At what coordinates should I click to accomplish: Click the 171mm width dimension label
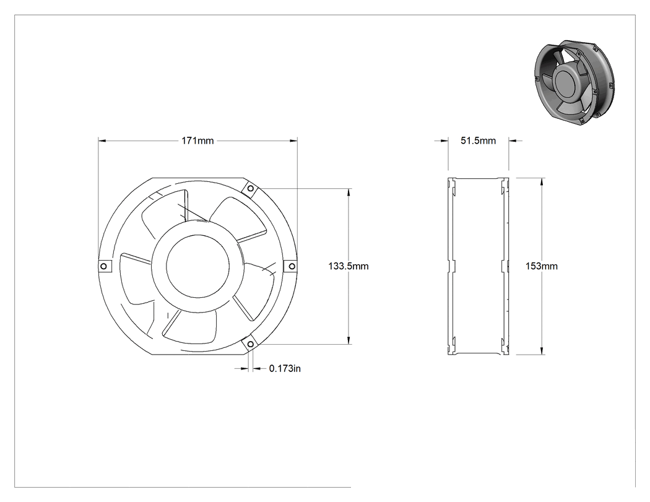(x=197, y=141)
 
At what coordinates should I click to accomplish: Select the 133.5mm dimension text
(x=348, y=266)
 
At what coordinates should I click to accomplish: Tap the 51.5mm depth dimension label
(x=479, y=141)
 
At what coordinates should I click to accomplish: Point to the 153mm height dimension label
(x=542, y=266)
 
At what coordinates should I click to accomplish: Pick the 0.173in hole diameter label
(x=285, y=368)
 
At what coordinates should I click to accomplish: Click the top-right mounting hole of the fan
(x=250, y=189)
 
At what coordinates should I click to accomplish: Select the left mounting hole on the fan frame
(x=104, y=266)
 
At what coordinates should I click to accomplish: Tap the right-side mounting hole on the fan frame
(x=292, y=266)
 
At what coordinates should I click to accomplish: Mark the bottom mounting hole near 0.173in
(x=250, y=344)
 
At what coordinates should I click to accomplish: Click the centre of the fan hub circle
(x=197, y=267)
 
